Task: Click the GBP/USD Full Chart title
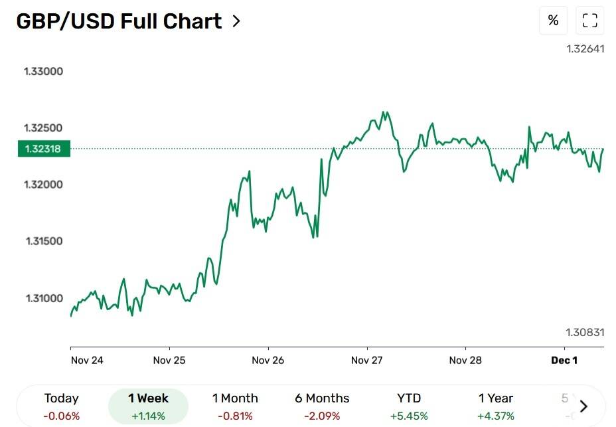tap(119, 21)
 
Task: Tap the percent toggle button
tap(553, 21)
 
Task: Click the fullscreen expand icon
tap(590, 21)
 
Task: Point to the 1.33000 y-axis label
tap(43, 72)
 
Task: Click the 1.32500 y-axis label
tap(43, 128)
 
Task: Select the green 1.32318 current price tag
tap(43, 149)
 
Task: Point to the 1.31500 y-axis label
tap(43, 241)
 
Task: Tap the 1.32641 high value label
tap(585, 49)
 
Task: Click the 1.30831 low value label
tap(585, 332)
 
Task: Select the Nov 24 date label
tap(86, 361)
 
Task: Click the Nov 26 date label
tap(268, 361)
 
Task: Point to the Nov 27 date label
tap(366, 361)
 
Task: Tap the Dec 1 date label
tap(564, 361)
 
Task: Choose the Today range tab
tap(61, 406)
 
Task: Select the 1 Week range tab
tap(148, 406)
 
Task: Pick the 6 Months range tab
tap(322, 406)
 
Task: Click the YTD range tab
tap(409, 406)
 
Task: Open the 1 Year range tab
tap(496, 406)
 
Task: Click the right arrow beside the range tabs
tap(583, 406)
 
